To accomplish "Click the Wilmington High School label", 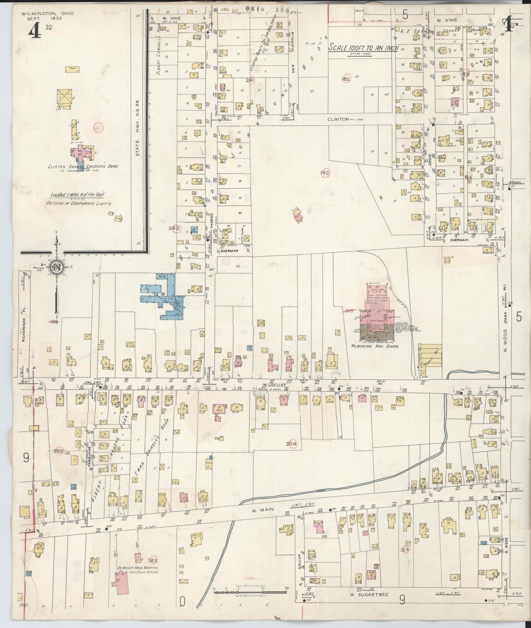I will click(375, 346).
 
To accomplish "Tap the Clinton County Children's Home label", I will click(83, 166).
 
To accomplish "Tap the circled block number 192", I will click(325, 173).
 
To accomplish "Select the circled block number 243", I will click(153, 560).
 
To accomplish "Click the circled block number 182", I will click(346, 79).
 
